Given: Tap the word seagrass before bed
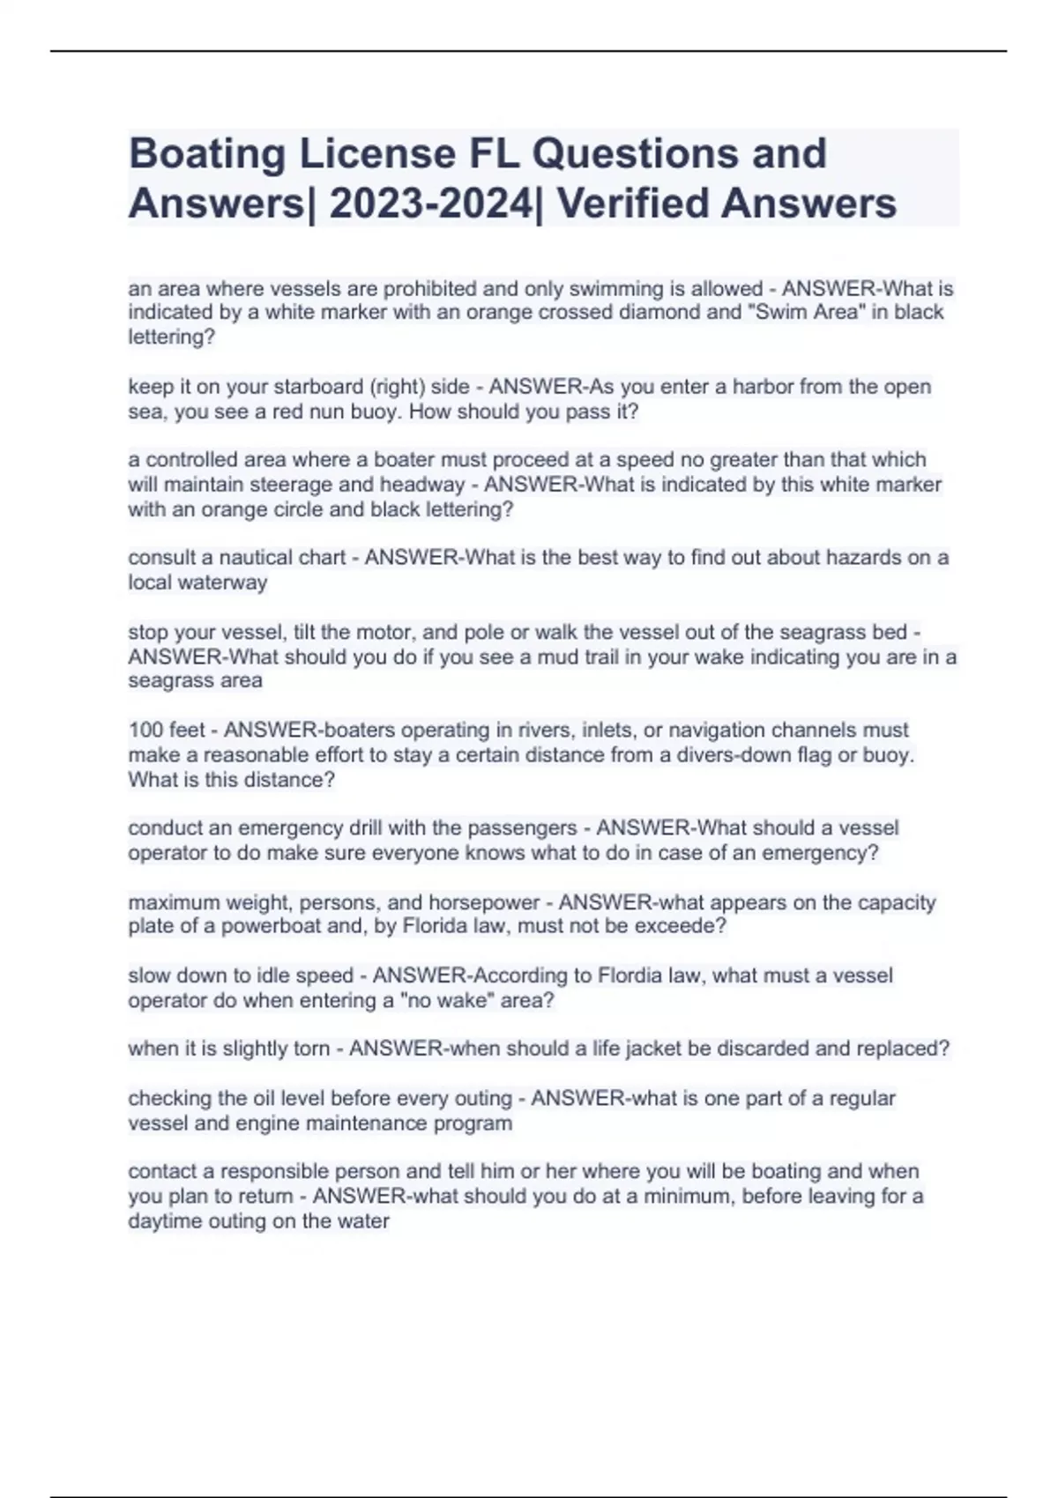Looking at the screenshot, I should click(x=819, y=632).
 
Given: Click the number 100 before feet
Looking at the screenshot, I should click(x=145, y=730).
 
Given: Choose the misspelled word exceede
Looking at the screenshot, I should click(x=683, y=926).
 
